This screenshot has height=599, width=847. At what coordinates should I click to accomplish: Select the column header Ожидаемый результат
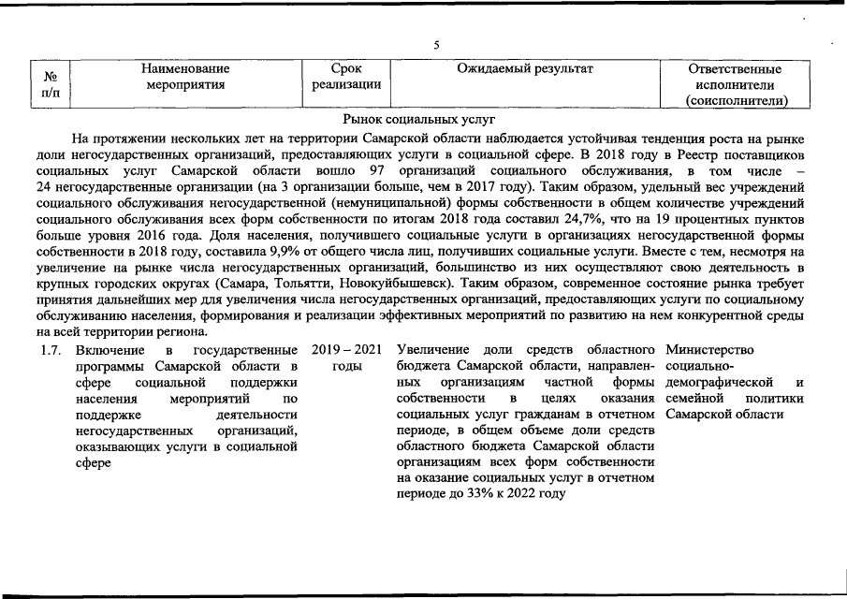[525, 68]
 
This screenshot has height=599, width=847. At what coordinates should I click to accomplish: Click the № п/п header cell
[52, 83]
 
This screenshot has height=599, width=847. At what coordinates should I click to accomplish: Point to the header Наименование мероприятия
[186, 76]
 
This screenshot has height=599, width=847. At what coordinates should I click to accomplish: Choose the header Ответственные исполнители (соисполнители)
[735, 84]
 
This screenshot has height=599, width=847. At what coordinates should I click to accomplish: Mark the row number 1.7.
[51, 349]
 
